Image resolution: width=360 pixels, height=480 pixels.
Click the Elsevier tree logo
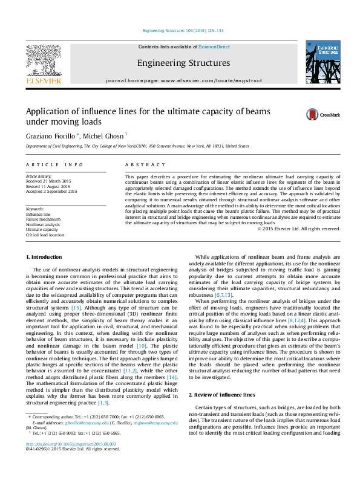tap(43, 61)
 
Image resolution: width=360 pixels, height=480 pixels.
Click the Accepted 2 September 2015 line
tap(51, 191)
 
